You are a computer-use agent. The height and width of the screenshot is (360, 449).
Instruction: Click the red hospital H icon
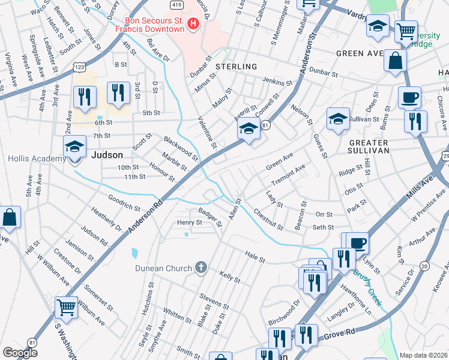pos(193,24)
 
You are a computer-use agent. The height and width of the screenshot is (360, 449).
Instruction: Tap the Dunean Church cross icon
pos(201,268)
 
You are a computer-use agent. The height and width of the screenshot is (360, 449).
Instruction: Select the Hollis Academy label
pos(36,158)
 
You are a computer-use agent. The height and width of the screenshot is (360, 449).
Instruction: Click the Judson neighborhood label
pos(103,154)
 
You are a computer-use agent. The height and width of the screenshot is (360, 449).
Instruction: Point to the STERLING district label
pos(237,67)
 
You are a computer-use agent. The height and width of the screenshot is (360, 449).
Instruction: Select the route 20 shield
pos(425,266)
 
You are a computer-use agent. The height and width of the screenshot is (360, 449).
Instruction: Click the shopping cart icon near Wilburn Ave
pos(67,308)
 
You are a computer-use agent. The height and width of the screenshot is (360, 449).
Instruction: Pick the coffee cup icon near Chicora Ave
pos(409,97)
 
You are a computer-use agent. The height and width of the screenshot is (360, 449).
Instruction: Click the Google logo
pos(20,352)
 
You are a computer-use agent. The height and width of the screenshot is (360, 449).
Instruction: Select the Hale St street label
pos(255,256)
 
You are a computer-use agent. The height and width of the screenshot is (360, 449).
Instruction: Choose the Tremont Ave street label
pos(289,174)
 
